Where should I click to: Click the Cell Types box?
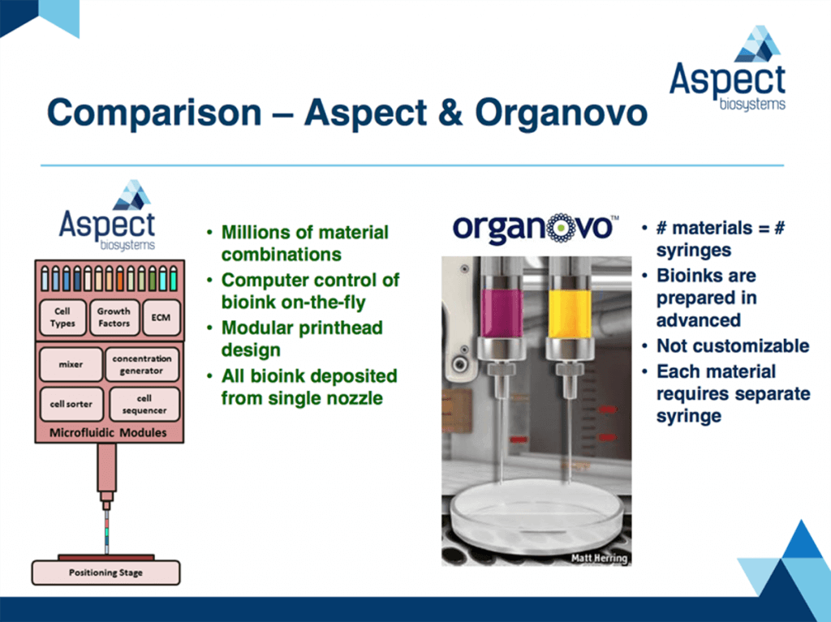[x=62, y=317]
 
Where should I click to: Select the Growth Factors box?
[x=114, y=317]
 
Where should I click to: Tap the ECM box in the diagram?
[x=161, y=317]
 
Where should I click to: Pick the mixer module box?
[x=71, y=364]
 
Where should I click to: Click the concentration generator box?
[x=142, y=364]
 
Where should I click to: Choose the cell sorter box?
[x=71, y=404]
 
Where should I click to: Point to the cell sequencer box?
[x=144, y=404]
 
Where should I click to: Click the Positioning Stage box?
[x=106, y=573]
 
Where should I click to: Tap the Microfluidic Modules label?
[x=108, y=433]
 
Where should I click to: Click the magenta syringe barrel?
[x=502, y=313]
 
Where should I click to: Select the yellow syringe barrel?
[x=570, y=313]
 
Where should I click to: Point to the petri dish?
[x=536, y=514]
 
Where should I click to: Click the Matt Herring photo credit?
[x=599, y=558]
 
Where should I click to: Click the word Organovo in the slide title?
[x=562, y=113]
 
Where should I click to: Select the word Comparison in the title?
[x=154, y=113]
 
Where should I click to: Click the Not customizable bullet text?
[x=733, y=346]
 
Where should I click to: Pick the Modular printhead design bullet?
[x=302, y=339]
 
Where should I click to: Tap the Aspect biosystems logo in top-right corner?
[x=728, y=68]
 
